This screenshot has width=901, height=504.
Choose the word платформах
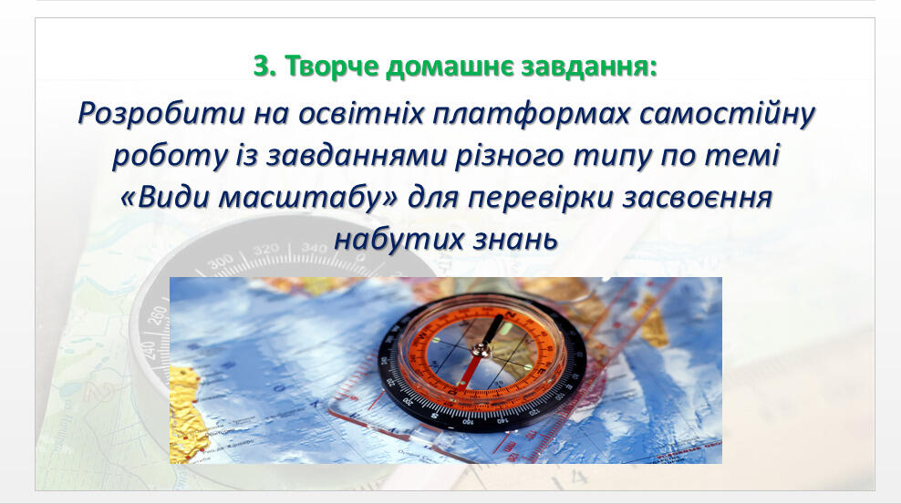(x=531, y=114)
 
